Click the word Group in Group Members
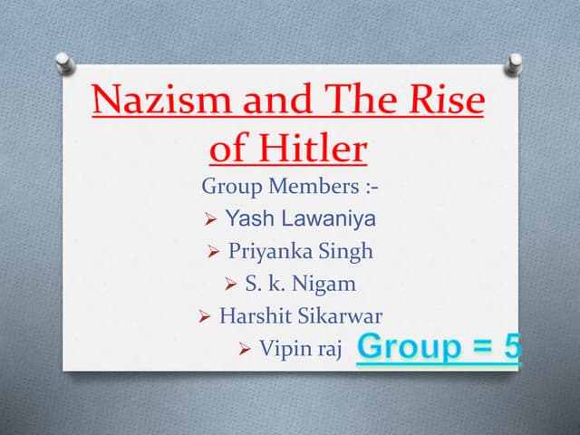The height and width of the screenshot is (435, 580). pyautogui.click(x=229, y=188)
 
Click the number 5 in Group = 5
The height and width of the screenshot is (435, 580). pyautogui.click(x=511, y=347)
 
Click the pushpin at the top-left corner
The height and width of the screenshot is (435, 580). pyautogui.click(x=64, y=63)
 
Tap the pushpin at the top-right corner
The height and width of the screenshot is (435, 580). pyautogui.click(x=515, y=63)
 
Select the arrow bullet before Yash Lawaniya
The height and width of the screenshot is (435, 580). pyautogui.click(x=210, y=219)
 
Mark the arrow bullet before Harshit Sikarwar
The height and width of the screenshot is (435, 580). pyautogui.click(x=204, y=317)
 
